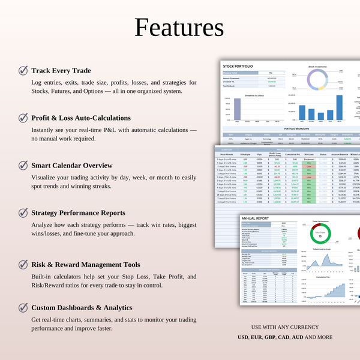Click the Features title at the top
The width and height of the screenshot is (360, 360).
pos(179,28)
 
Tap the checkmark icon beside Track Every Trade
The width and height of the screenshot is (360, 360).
pos(23,70)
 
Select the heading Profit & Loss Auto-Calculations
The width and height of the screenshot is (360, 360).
pos(81,118)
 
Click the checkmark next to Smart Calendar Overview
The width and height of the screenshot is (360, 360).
pos(23,164)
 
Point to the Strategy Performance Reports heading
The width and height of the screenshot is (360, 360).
pos(79,212)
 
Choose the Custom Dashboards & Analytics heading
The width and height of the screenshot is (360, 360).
pos(82,307)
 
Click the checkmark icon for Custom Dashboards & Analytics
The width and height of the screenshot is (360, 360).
pos(23,307)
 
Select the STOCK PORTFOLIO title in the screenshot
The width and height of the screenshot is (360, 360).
pos(238,66)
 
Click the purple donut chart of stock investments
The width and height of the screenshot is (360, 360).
pos(317,81)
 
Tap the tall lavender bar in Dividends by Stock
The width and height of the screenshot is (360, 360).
pos(238,109)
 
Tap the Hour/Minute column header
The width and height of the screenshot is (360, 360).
pos(226,155)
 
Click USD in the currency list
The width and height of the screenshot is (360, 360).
pos(242,337)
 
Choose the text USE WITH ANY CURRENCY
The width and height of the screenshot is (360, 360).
pos(284,327)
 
